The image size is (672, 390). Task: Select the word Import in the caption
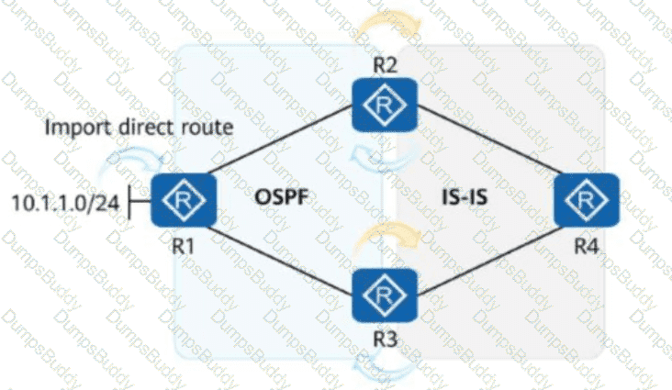[74, 128]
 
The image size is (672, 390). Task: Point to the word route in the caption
[213, 128]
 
